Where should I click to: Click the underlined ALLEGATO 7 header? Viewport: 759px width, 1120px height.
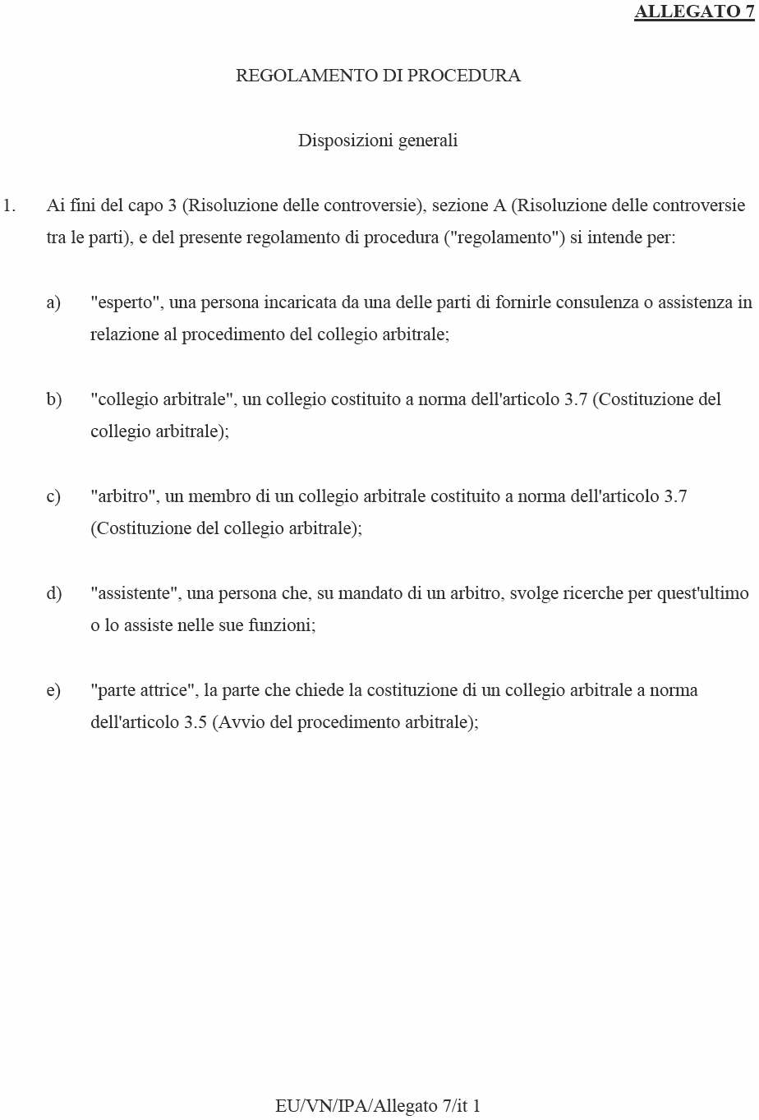pos(694,12)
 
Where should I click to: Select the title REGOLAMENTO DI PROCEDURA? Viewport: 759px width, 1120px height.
pos(378,76)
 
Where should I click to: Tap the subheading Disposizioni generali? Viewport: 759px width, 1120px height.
pos(378,141)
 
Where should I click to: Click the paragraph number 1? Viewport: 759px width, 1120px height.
pos(10,205)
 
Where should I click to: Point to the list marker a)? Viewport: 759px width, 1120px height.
pos(53,302)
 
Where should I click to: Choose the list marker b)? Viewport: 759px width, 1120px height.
pos(53,399)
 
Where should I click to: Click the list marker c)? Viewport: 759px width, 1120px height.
pos(53,496)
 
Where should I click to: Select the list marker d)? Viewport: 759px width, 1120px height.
pos(53,593)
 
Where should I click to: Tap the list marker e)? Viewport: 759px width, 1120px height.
pos(53,690)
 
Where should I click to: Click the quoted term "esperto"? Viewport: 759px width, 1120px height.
pos(126,302)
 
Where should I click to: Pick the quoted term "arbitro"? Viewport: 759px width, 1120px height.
pos(124,496)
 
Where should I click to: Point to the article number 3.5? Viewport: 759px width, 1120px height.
pos(195,722)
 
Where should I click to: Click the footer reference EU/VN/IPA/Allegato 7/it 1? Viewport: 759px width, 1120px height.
pos(378,1106)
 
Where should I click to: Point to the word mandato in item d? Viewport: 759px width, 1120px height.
pos(367,593)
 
